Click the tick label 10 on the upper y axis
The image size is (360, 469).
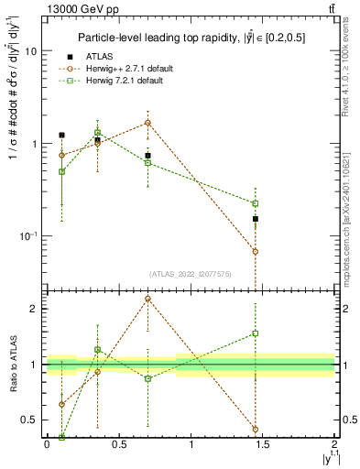click(30, 51)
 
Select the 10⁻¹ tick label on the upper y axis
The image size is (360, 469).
click(27, 236)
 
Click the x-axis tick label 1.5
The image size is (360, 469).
click(263, 444)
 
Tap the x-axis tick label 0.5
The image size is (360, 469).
click(119, 444)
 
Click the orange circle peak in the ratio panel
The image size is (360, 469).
click(147, 299)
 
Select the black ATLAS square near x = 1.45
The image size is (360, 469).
click(256, 219)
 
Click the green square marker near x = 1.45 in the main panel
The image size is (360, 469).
click(256, 203)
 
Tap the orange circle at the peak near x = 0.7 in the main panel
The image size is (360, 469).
click(147, 123)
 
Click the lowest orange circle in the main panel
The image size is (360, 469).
click(256, 251)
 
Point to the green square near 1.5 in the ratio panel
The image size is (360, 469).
click(256, 333)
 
